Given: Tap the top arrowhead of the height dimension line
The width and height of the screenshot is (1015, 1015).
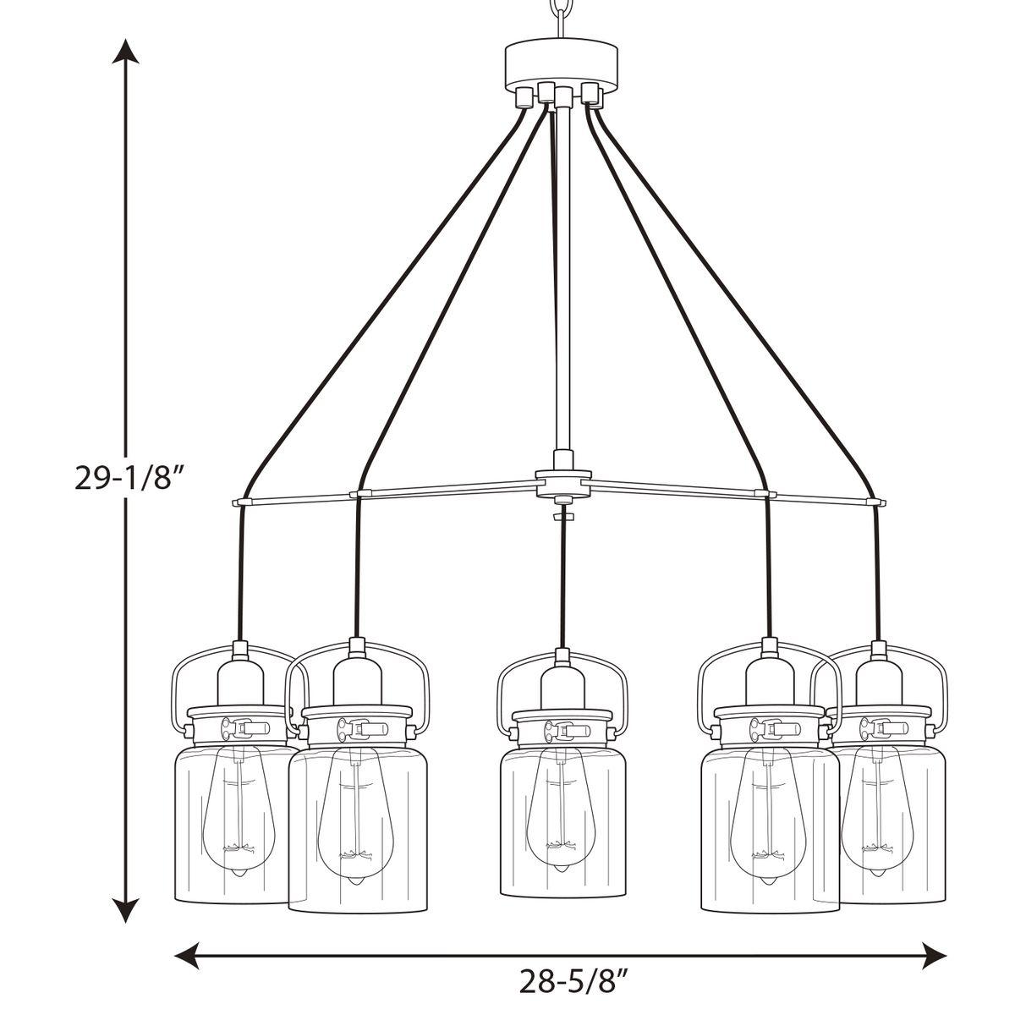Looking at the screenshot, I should [127, 51].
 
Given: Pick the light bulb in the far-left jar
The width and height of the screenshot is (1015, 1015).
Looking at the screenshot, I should [237, 812].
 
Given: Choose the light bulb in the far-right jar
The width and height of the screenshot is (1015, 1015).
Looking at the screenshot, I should [880, 812].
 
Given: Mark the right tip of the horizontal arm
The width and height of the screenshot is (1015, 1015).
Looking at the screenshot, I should [881, 502].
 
